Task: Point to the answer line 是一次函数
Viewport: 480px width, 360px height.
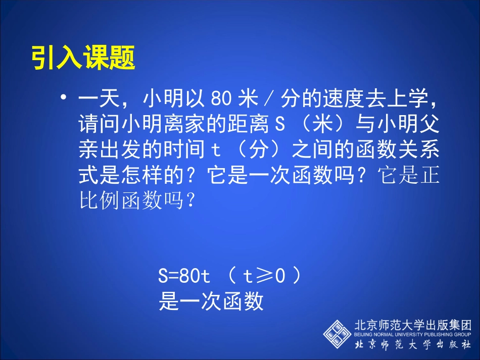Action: (x=211, y=302)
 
